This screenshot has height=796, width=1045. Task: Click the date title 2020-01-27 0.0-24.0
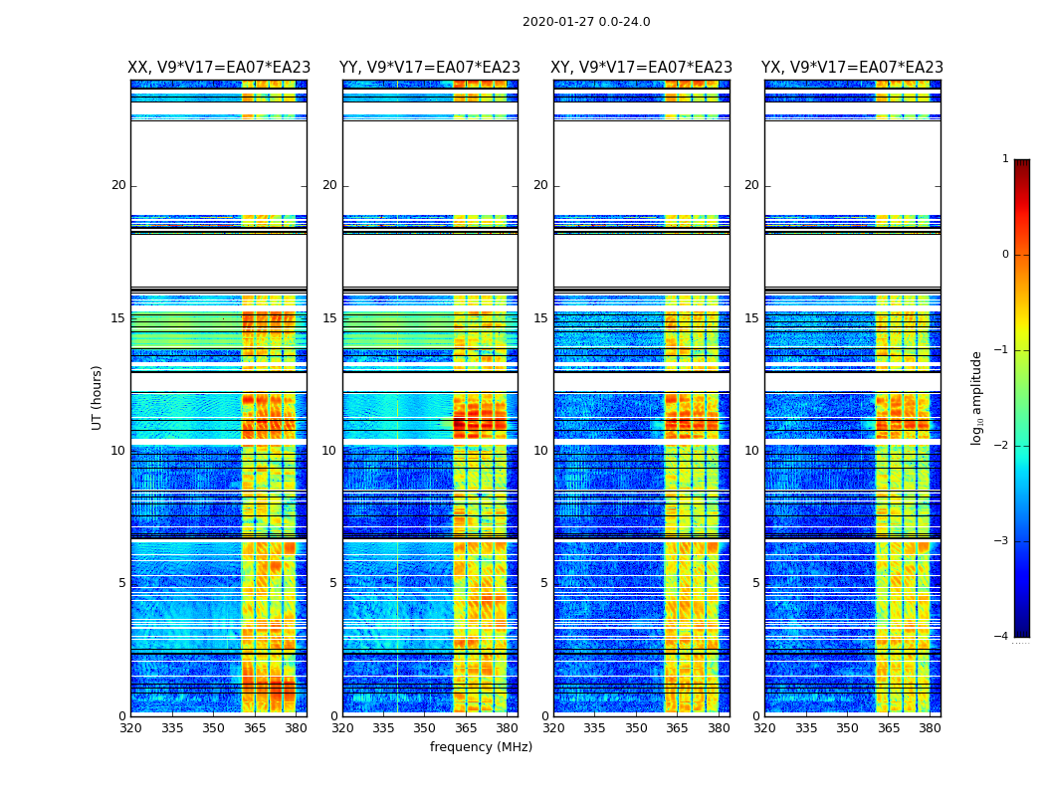click(586, 22)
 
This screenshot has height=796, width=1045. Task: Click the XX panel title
click(219, 68)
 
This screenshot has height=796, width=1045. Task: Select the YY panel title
click(430, 68)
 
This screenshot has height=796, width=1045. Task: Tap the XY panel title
click(642, 68)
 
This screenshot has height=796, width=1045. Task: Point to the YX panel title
click(852, 68)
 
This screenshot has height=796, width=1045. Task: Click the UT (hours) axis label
click(98, 397)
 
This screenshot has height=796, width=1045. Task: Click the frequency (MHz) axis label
click(481, 747)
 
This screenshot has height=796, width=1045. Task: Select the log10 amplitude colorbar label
click(977, 397)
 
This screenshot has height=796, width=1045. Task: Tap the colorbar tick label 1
click(1005, 159)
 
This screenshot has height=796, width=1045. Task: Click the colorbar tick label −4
click(1002, 637)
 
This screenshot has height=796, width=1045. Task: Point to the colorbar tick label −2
click(1002, 446)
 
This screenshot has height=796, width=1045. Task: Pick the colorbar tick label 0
click(1005, 255)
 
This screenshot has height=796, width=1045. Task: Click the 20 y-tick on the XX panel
click(118, 185)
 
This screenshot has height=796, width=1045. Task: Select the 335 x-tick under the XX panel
click(172, 727)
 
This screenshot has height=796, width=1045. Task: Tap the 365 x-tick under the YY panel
click(466, 727)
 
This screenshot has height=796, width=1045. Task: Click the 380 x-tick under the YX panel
click(930, 727)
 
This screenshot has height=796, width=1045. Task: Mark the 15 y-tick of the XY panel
click(540, 318)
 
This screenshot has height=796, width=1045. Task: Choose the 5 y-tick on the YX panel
click(756, 583)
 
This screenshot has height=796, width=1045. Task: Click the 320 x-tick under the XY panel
click(554, 727)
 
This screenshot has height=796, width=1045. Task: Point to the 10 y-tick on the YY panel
click(329, 451)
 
